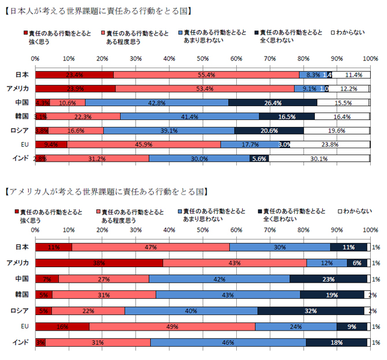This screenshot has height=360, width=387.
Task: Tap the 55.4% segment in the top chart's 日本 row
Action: pos(206,74)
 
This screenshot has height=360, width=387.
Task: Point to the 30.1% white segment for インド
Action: pos(319,159)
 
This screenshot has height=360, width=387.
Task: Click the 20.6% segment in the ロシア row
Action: pos(269,130)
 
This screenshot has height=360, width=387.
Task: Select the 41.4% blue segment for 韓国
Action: pos(189,117)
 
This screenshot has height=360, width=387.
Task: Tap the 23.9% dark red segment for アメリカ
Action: pos(75,88)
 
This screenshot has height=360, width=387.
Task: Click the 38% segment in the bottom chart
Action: pos(99,263)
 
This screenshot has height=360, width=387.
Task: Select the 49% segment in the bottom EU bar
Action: pos(172,327)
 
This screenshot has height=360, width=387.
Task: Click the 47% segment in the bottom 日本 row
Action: pos(151,247)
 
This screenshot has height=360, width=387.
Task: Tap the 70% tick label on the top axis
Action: pos(270,58)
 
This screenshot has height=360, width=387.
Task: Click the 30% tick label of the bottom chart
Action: pos(136,230)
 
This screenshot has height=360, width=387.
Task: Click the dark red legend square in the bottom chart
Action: pos(18,212)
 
